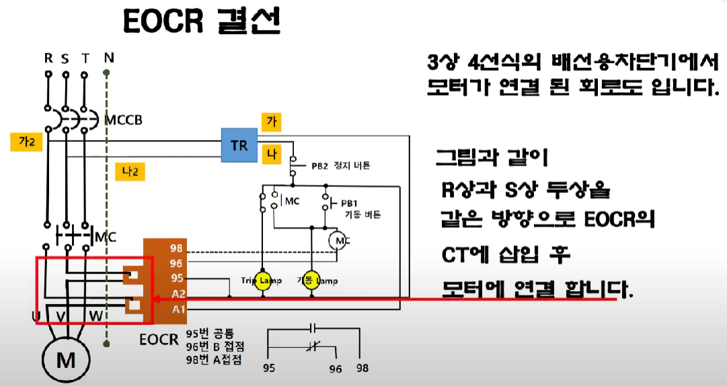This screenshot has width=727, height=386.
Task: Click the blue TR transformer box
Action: pyautogui.click(x=240, y=144)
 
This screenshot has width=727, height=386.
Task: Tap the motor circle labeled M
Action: pyautogui.click(x=66, y=360)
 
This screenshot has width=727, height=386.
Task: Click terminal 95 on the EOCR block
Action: pyautogui.click(x=177, y=279)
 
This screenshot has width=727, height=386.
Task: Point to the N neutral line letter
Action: pyautogui.click(x=108, y=58)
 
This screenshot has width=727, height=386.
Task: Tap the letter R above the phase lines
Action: pyautogui.click(x=48, y=58)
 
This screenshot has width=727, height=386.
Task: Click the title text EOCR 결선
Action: pyautogui.click(x=201, y=23)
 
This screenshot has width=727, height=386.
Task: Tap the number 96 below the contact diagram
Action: pyautogui.click(x=336, y=369)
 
